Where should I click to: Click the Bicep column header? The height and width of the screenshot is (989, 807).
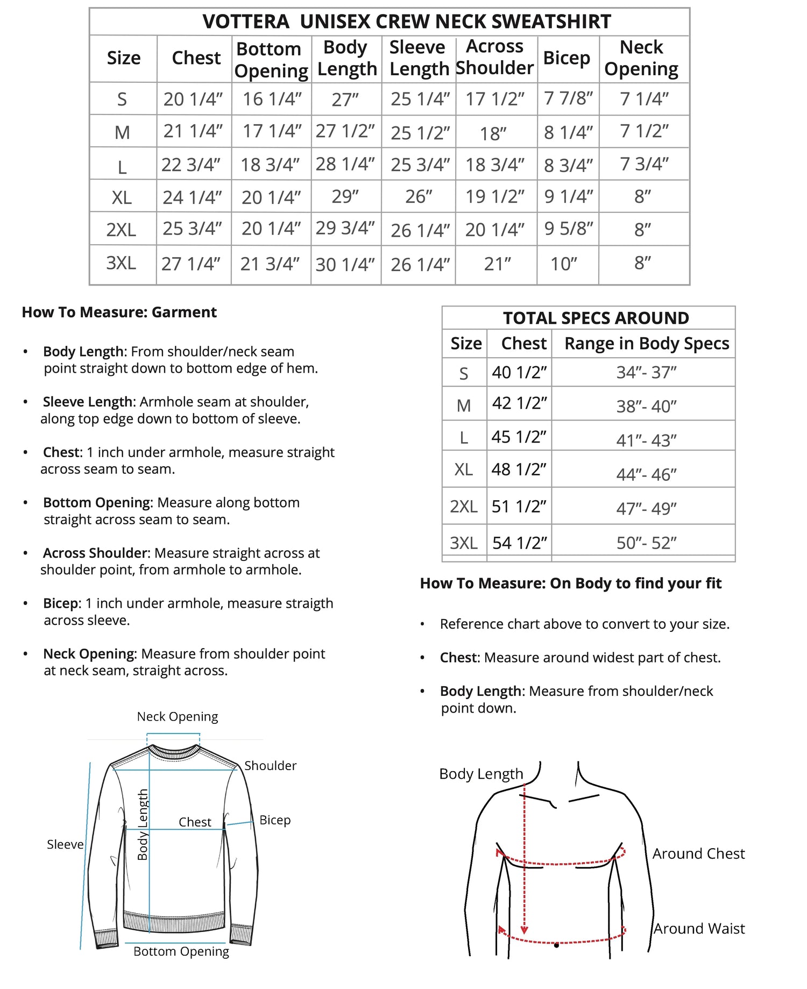click(567, 58)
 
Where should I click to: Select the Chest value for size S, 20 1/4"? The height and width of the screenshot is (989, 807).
click(193, 99)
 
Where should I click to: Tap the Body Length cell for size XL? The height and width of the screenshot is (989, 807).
click(345, 196)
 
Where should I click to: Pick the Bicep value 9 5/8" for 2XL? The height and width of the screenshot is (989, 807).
click(568, 229)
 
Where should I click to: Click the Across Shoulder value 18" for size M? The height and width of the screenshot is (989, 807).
click(493, 133)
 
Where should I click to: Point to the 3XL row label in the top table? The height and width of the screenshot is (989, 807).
click(121, 263)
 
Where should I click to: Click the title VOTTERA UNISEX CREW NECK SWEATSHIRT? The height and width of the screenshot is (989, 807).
click(406, 22)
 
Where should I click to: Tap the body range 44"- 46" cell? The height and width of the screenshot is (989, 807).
click(646, 474)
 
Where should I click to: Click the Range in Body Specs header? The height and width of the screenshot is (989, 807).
click(646, 343)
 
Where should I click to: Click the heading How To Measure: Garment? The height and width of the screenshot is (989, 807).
click(119, 312)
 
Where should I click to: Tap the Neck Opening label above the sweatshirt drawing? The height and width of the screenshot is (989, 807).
click(177, 716)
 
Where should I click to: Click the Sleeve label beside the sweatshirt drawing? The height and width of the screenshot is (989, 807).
click(65, 844)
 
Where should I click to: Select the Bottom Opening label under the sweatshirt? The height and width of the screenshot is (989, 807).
click(181, 951)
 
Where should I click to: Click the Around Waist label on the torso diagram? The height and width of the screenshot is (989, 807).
click(699, 929)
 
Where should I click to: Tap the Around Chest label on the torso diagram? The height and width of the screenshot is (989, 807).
click(698, 853)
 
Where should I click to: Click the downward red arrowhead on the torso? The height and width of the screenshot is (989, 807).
click(524, 930)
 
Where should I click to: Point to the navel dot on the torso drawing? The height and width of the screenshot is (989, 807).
click(556, 945)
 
